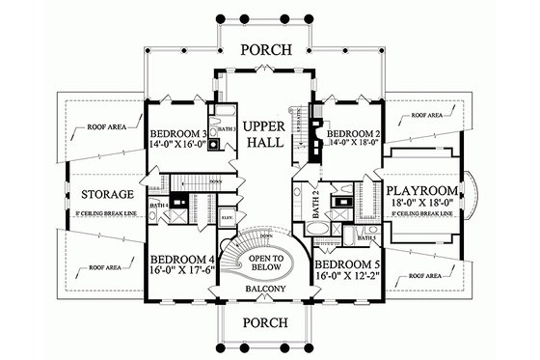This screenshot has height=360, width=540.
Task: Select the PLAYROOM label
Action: pos(427,191)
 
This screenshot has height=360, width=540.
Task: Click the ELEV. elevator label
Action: pos(226,218)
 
